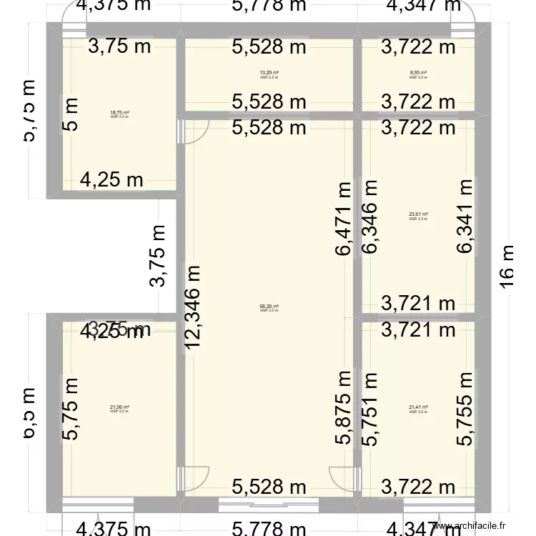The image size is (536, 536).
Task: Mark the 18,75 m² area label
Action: [x=119, y=113]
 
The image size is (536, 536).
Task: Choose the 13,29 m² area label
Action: [x=269, y=73]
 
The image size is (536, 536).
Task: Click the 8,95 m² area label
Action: [x=418, y=73]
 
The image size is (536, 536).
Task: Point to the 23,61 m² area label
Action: [x=418, y=214]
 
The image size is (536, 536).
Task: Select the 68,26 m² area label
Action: [x=269, y=307]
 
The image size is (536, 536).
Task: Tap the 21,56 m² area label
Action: [x=119, y=408]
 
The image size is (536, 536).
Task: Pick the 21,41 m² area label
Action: [x=418, y=408]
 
